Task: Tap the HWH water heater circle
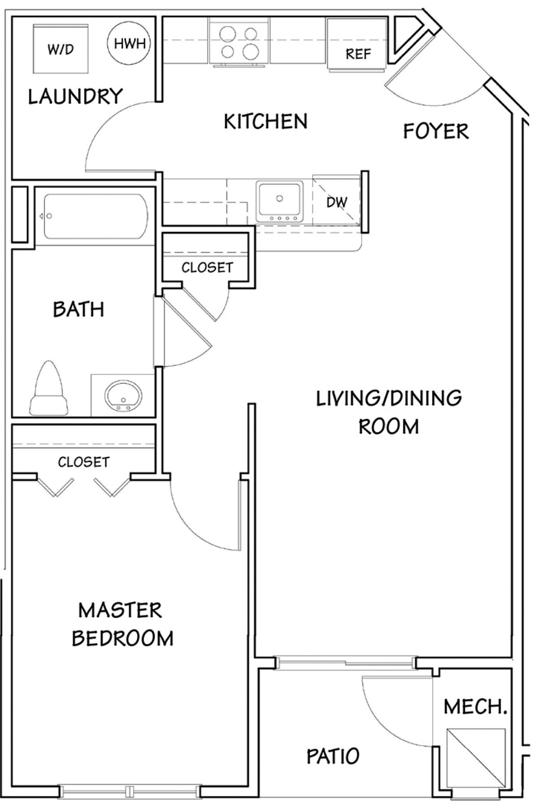[129, 44]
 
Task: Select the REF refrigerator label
[358, 54]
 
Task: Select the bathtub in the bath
[95, 216]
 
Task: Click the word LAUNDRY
[75, 96]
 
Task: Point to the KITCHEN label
[266, 122]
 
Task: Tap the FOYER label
[436, 131]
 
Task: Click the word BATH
[78, 309]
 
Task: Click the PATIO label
[333, 756]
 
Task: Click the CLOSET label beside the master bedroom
[83, 462]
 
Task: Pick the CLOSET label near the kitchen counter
[207, 268]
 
